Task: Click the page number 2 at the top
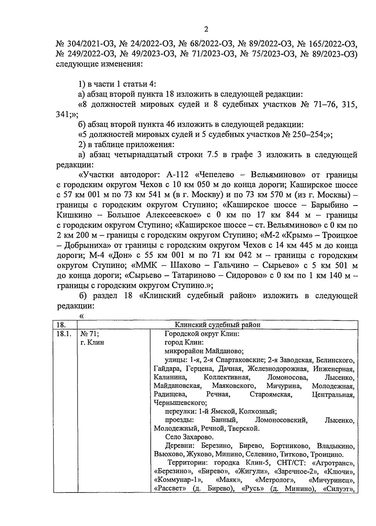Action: (x=206, y=29)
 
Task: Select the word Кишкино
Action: (x=75, y=215)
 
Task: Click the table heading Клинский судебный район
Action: (x=217, y=325)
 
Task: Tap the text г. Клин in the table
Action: (x=92, y=342)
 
